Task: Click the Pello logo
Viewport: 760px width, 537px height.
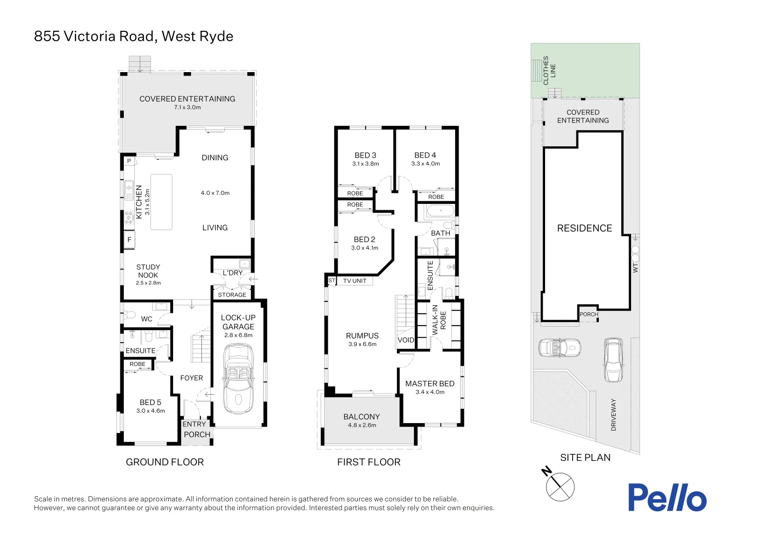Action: pyautogui.click(x=666, y=497)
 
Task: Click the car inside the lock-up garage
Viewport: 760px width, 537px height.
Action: pyautogui.click(x=238, y=379)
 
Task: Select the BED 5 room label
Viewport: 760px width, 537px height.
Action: pyautogui.click(x=150, y=402)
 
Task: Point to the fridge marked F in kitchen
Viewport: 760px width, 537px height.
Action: pyautogui.click(x=129, y=240)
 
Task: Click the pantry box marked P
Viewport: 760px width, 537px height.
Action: pyautogui.click(x=129, y=161)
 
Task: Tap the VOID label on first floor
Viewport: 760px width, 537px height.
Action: pyautogui.click(x=406, y=340)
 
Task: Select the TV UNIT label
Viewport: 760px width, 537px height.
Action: pyautogui.click(x=355, y=281)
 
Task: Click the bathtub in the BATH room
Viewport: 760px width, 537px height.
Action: pyautogui.click(x=441, y=211)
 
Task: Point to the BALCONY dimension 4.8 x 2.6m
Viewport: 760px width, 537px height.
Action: pyautogui.click(x=362, y=425)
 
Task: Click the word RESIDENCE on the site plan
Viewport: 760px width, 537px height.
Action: pyautogui.click(x=584, y=228)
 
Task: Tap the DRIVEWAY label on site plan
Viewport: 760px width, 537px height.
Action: pyautogui.click(x=613, y=415)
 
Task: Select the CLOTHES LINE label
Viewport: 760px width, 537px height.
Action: pyautogui.click(x=549, y=70)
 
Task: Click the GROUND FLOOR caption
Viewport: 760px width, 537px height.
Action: pyautogui.click(x=165, y=462)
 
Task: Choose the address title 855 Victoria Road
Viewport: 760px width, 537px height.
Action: pyautogui.click(x=133, y=36)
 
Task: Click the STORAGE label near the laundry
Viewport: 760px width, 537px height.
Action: pyautogui.click(x=232, y=295)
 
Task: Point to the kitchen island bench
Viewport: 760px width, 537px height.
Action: pyautogui.click(x=161, y=202)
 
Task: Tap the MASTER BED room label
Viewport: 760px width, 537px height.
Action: pyautogui.click(x=430, y=383)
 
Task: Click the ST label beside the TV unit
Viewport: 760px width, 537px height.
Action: pyautogui.click(x=332, y=281)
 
